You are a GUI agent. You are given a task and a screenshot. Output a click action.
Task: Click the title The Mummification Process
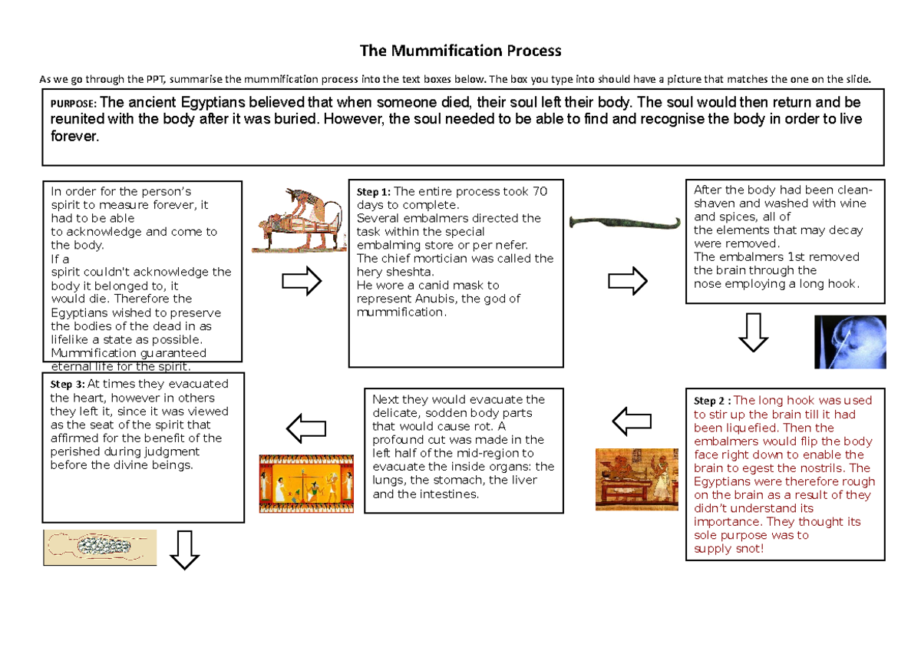point(460,51)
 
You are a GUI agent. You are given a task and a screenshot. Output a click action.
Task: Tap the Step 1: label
point(374,192)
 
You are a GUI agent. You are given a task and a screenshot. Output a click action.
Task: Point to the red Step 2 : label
point(713,401)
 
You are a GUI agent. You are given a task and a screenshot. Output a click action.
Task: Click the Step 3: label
point(68,385)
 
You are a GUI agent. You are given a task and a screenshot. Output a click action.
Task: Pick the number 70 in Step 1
point(540,191)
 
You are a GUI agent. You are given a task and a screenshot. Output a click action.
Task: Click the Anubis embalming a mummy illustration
point(299,222)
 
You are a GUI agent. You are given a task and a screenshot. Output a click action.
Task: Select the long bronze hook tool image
point(625,223)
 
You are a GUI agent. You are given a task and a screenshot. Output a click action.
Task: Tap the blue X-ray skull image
point(850,342)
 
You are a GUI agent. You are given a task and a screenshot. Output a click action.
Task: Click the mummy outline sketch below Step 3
point(100,547)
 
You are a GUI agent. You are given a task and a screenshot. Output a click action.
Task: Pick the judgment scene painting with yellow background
point(306,484)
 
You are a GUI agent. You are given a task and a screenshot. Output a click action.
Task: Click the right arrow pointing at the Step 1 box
point(301,281)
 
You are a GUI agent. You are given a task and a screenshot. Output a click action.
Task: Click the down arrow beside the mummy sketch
point(183,550)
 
